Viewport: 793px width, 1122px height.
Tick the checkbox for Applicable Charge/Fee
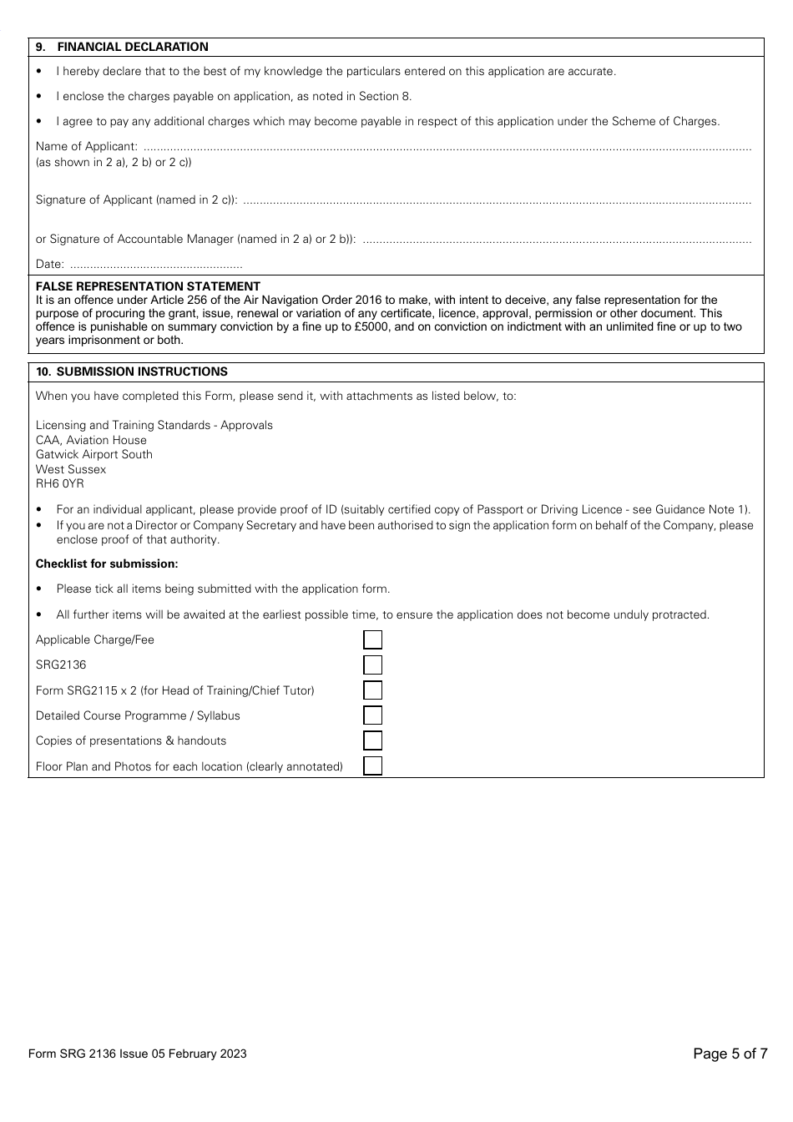pyautogui.click(x=373, y=640)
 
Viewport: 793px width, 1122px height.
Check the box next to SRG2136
pyautogui.click(x=373, y=665)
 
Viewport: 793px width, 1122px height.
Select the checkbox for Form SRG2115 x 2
pyautogui.click(x=373, y=690)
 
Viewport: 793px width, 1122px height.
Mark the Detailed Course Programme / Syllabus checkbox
pyautogui.click(x=373, y=715)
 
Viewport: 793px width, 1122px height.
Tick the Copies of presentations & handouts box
pyautogui.click(x=373, y=740)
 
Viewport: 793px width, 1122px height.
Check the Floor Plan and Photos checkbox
pyautogui.click(x=373, y=766)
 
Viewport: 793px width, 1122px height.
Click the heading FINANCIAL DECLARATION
pyautogui.click(x=132, y=48)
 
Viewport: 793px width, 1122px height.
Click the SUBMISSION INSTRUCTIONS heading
pyautogui.click(x=141, y=372)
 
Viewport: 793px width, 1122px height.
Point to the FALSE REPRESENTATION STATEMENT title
pyautogui.click(x=148, y=286)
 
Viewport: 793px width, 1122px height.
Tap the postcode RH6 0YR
pyautogui.click(x=59, y=484)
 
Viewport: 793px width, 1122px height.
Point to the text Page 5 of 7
pyautogui.click(x=730, y=1054)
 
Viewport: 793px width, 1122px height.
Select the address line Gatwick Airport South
pyautogui.click(x=93, y=455)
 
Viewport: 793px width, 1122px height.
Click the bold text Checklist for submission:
pyautogui.click(x=107, y=564)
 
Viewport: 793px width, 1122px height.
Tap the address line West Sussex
pyautogui.click(x=71, y=470)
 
